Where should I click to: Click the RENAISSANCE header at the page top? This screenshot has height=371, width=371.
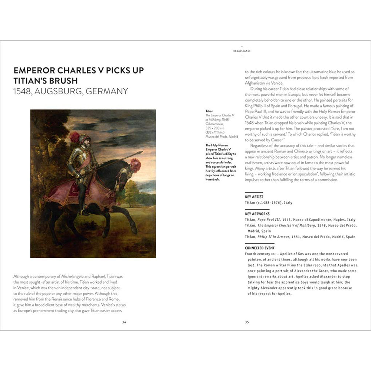pos(242,50)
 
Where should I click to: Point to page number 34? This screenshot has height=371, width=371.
pos(124,322)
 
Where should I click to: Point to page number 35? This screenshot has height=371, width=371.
pos(247,322)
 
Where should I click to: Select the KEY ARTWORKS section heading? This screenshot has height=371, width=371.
pos(257,214)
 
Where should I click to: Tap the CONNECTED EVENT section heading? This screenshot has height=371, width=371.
pos(259,248)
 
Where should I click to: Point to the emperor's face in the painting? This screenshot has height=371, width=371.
pos(86,141)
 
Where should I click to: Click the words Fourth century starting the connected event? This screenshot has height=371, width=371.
pos(257,253)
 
